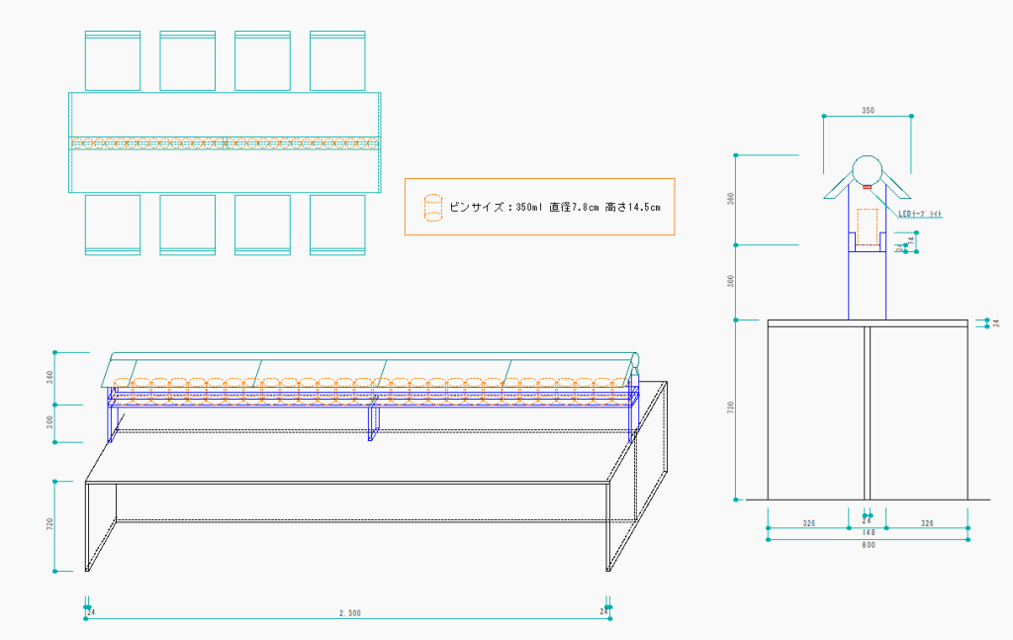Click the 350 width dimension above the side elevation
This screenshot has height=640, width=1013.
(868, 110)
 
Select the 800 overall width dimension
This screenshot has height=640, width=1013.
(868, 545)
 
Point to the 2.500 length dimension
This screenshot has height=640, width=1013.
(349, 613)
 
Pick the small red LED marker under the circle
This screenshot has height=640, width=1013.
(868, 186)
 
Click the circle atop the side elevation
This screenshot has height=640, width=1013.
(868, 169)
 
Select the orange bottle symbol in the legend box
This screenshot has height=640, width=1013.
(431, 207)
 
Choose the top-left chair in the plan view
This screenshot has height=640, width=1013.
(113, 60)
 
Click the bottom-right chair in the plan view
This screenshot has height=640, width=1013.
(337, 225)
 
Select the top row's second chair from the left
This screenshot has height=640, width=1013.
(188, 60)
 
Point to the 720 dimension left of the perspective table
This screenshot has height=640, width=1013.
(50, 524)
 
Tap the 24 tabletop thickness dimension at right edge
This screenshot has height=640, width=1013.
(996, 322)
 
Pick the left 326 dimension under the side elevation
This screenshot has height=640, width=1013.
(808, 521)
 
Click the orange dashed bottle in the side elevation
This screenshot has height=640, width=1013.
(868, 227)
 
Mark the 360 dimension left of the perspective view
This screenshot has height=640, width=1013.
(50, 377)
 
